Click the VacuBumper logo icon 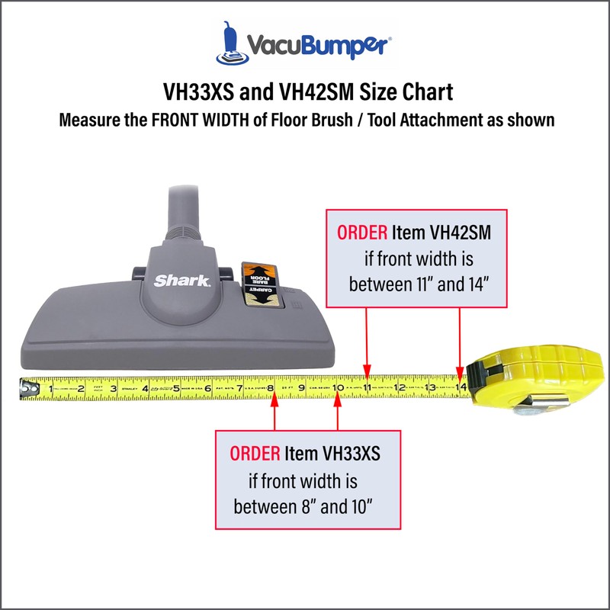click(233, 43)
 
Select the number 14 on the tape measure click(461, 388)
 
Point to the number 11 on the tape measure click(367, 388)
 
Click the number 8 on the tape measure click(271, 388)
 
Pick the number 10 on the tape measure click(336, 388)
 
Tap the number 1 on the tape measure click(51, 388)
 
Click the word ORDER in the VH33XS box click(255, 454)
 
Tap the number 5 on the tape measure click(176, 388)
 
